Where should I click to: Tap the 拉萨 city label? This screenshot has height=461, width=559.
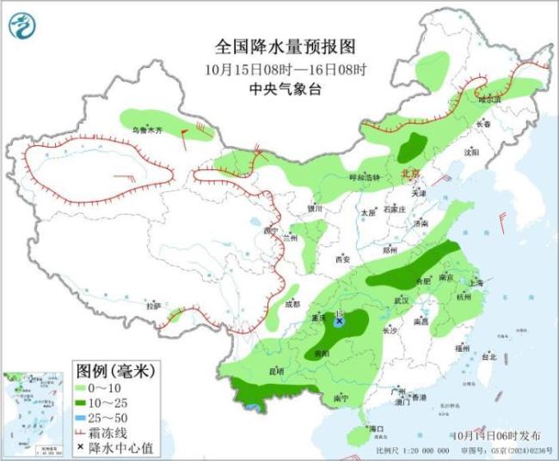point(152,306)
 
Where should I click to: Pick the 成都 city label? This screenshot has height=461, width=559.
point(292,304)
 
